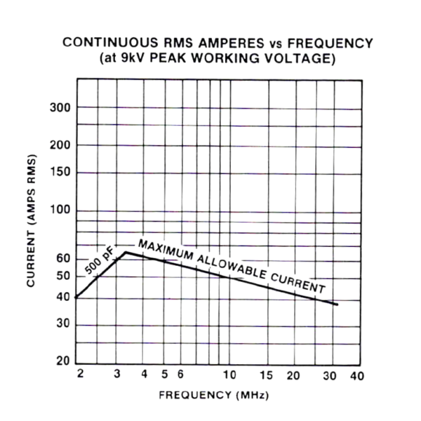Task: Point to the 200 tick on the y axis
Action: point(60,145)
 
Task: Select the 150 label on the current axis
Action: point(60,173)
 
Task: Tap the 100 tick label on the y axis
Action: point(60,211)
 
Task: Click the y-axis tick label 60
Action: point(63,259)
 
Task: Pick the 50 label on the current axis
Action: point(63,276)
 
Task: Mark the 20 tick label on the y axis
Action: point(63,363)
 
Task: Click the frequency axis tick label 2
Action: point(80,374)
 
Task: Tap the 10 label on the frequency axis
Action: point(229,375)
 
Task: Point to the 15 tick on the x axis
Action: point(266,375)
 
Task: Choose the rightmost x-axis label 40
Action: point(357,375)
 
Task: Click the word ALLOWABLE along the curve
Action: point(232,268)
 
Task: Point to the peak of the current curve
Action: point(125,251)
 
